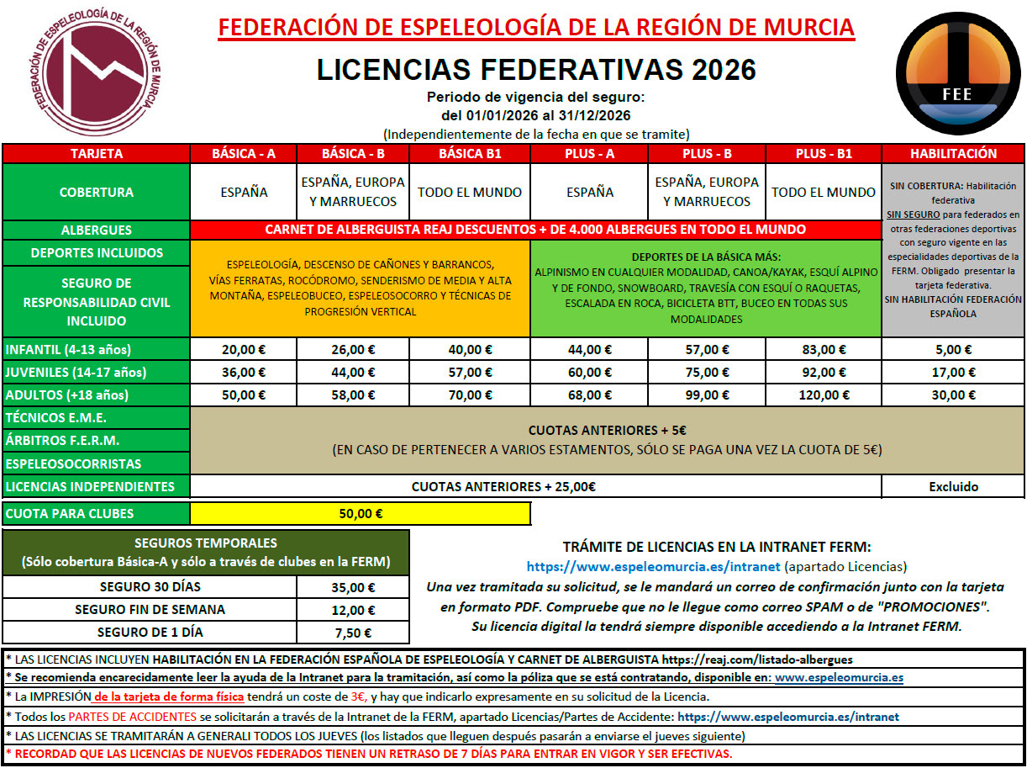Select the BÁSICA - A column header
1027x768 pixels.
click(244, 154)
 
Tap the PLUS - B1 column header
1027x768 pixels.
click(824, 154)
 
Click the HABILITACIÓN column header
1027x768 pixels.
click(953, 154)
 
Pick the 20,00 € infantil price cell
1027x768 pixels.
click(244, 350)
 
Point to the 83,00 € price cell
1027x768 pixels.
click(824, 350)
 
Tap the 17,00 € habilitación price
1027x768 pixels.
click(953, 373)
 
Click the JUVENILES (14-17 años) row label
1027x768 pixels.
click(75, 373)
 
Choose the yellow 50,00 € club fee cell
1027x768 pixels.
click(361, 514)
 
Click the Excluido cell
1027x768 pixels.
click(953, 486)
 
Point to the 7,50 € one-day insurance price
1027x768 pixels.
click(352, 633)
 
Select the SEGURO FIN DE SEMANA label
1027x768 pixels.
click(150, 610)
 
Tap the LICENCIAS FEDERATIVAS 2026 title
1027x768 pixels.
click(536, 69)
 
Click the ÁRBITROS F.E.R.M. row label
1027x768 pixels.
click(63, 440)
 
